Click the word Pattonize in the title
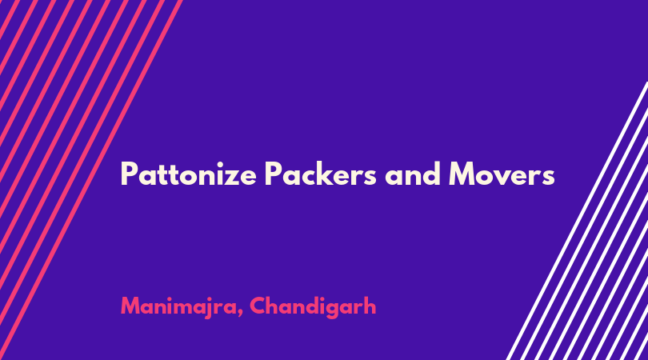(189, 174)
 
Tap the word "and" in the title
(413, 173)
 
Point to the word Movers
(502, 174)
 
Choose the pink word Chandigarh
(313, 306)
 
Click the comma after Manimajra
(240, 313)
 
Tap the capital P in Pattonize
(129, 173)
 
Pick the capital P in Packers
(274, 173)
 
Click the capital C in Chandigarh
(258, 306)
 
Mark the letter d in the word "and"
(432, 173)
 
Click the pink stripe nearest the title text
(91, 180)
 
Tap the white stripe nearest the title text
(577, 221)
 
